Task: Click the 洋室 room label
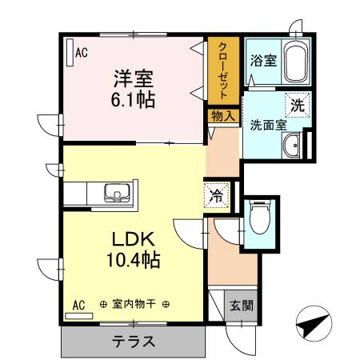tap(133, 79)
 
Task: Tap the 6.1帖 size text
tap(133, 100)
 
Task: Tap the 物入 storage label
tap(223, 116)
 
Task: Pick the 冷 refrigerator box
tap(217, 194)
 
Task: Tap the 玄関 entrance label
tap(241, 304)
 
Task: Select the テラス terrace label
tap(133, 341)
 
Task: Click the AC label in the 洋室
tap(81, 53)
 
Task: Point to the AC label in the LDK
tap(79, 304)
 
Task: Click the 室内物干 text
tap(134, 304)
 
